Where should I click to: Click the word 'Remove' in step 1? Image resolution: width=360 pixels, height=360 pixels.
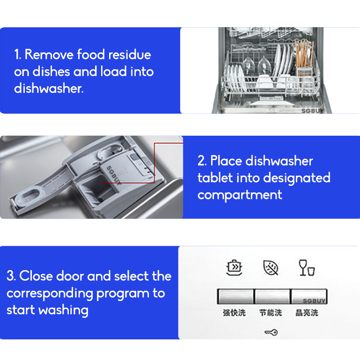point(49,54)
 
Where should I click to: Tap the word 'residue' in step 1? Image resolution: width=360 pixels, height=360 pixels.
point(130,54)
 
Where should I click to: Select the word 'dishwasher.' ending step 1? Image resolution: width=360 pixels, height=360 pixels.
point(49,88)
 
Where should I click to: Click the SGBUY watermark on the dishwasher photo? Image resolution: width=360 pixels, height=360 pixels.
point(313,111)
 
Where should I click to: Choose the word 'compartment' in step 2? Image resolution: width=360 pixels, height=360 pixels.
point(240,195)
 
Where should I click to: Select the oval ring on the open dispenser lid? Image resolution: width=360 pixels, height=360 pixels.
point(28,195)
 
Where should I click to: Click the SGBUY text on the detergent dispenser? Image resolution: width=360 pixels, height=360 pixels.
point(114,175)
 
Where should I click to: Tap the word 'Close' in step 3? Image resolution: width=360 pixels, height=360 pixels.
point(36,276)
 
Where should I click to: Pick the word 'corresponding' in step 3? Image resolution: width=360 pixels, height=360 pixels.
point(50,294)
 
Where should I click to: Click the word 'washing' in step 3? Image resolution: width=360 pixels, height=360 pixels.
point(63,311)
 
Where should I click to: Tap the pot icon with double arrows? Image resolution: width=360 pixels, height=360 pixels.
point(234,267)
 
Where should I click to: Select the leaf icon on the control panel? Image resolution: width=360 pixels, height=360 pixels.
point(271,267)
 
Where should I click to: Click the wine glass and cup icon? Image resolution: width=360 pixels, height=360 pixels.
point(307,267)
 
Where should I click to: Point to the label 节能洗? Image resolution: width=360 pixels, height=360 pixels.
point(271,313)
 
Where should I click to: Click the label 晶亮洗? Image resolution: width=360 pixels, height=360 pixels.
point(307,313)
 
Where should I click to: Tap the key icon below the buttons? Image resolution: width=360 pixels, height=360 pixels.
point(271,332)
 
